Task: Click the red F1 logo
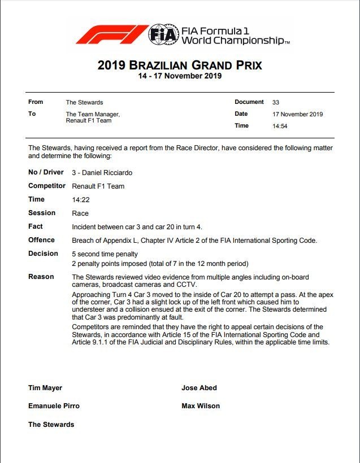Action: click(x=111, y=34)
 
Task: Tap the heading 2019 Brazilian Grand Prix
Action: click(x=180, y=65)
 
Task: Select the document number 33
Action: click(x=276, y=102)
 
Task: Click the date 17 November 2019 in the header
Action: click(x=297, y=114)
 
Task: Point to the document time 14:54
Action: click(x=280, y=126)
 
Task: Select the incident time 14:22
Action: click(x=81, y=199)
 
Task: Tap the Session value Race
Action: click(x=80, y=213)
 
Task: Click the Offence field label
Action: click(x=41, y=240)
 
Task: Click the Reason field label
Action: click(x=41, y=277)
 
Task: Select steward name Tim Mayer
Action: click(x=45, y=388)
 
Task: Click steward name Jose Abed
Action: click(x=199, y=388)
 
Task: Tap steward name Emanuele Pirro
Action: click(x=54, y=406)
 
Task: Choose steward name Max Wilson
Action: click(x=201, y=406)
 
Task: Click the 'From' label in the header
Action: click(x=36, y=102)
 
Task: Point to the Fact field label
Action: click(x=36, y=226)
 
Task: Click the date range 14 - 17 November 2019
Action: click(x=180, y=76)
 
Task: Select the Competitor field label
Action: click(x=47, y=186)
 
